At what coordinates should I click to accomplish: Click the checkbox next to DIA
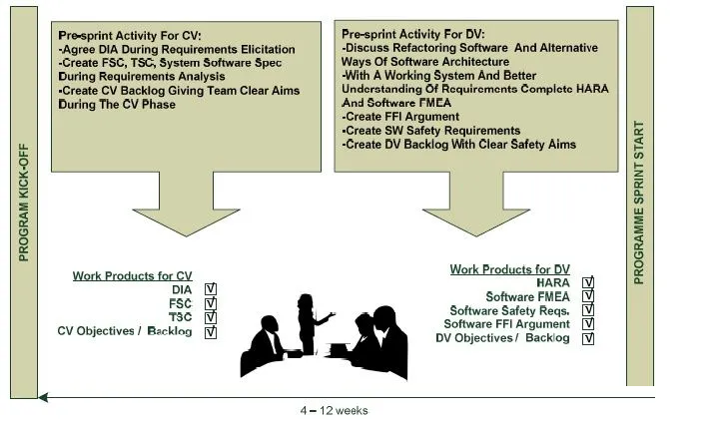(210, 289)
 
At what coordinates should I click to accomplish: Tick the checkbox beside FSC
(210, 303)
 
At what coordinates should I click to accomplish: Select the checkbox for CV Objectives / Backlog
(210, 331)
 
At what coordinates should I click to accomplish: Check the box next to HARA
(588, 282)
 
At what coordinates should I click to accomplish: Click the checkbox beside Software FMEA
(588, 296)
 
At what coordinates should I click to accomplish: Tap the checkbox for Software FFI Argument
(588, 324)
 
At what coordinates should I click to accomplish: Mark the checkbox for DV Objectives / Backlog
(588, 338)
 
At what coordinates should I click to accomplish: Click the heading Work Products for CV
(133, 275)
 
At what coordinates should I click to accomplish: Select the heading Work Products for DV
(509, 269)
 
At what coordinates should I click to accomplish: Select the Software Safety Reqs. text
(509, 310)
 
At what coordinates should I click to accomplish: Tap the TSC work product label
(180, 317)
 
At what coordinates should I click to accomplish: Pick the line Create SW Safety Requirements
(430, 131)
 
